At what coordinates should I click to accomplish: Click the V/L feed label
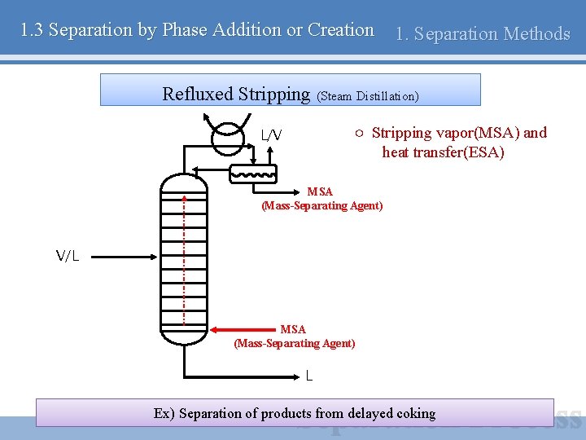coord(68,257)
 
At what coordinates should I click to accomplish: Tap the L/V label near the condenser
coord(272,135)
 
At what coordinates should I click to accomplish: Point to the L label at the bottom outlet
coord(309,376)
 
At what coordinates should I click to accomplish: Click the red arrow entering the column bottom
coord(244,330)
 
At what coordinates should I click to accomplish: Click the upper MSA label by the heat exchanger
coord(321,191)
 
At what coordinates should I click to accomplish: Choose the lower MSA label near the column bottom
coord(293,329)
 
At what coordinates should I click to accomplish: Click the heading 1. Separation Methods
coord(482,33)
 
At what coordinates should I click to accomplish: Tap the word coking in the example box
coord(415,413)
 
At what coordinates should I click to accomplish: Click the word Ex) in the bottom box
coord(164,413)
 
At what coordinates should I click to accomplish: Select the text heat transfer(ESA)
coord(444,152)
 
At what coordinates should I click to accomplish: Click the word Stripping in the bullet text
coord(402,133)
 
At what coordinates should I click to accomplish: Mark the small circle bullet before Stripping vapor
coord(359,133)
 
